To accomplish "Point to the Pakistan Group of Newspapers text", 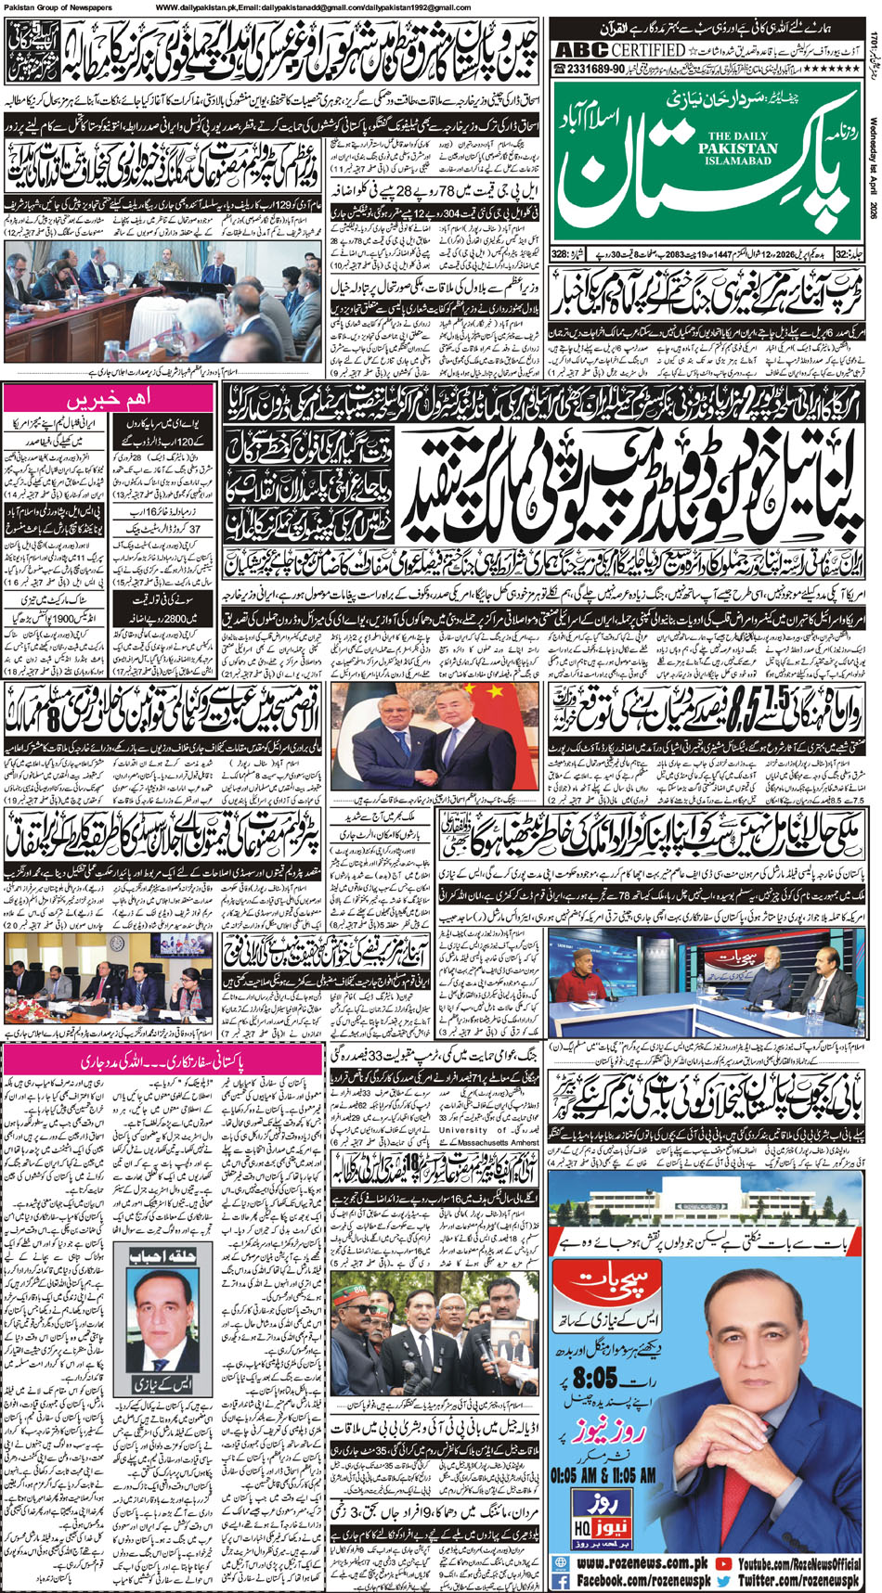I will pos(58,6).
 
